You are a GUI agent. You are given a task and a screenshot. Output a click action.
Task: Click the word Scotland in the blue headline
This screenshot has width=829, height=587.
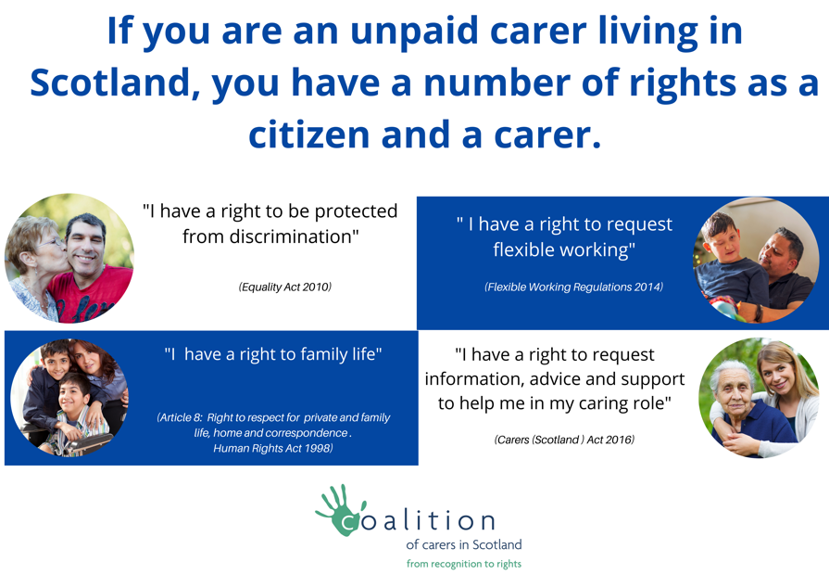[x=111, y=83]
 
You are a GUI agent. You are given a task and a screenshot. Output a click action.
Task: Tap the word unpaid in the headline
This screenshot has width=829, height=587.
[x=415, y=32]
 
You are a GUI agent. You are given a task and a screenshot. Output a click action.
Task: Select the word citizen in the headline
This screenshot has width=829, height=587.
[x=308, y=134]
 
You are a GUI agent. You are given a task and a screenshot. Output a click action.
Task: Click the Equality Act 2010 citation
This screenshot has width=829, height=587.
[x=285, y=287]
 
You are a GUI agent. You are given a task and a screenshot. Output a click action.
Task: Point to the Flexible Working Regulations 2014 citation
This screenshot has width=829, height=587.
[x=573, y=287]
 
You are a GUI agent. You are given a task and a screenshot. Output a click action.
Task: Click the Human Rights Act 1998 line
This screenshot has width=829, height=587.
[x=273, y=448]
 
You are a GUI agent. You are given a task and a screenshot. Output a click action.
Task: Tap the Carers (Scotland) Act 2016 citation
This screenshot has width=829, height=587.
[x=564, y=440]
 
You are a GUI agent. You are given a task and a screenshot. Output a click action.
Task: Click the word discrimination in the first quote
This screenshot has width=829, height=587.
[x=294, y=236]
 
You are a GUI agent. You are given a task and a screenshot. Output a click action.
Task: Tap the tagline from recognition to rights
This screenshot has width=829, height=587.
[x=464, y=564]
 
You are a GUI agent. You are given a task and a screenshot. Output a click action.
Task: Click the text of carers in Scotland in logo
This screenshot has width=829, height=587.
[x=464, y=544]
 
